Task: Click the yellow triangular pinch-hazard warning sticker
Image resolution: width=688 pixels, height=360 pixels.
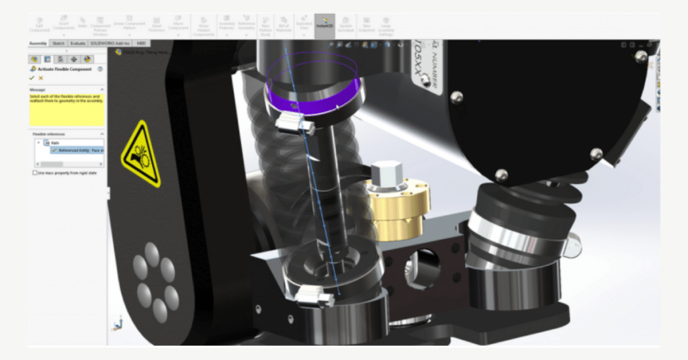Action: pos(140,154)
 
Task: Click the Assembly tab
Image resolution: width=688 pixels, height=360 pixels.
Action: pos(38,43)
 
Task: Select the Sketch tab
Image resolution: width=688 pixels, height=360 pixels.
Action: pos(58,43)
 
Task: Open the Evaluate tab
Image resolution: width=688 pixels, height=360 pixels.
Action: pos(78,43)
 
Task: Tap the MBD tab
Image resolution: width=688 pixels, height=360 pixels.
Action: pos(141,43)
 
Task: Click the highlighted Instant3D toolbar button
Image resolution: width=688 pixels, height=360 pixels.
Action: pos(325,26)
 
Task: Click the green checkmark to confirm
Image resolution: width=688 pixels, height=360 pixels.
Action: pos(32,78)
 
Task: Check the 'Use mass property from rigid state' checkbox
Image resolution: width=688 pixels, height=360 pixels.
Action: pos(36,173)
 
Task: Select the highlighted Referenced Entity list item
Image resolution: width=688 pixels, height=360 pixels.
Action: pos(77,150)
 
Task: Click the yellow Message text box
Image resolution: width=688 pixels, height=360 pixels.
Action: pos(67,109)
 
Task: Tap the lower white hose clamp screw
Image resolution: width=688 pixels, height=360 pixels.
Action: pos(314,294)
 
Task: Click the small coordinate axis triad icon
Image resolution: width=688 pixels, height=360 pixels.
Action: pos(120,325)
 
